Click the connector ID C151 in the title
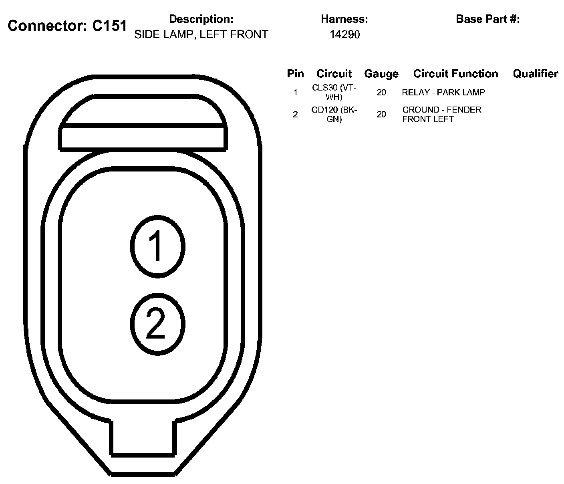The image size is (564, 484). pyautogui.click(x=109, y=26)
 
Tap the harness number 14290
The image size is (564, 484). pyautogui.click(x=344, y=34)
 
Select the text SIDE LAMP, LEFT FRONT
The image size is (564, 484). pyautogui.click(x=201, y=34)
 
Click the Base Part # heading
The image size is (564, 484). pyautogui.click(x=487, y=19)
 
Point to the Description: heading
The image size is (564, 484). pyautogui.click(x=201, y=19)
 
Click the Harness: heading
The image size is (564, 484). pyautogui.click(x=344, y=19)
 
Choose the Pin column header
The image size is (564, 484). pyautogui.click(x=295, y=74)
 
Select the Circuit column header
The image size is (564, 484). pyautogui.click(x=334, y=74)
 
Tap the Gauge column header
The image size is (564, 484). pyautogui.click(x=381, y=74)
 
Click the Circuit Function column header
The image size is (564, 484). pyautogui.click(x=455, y=74)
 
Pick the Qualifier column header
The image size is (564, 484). pyautogui.click(x=536, y=74)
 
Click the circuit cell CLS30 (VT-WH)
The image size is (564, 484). pyautogui.click(x=334, y=92)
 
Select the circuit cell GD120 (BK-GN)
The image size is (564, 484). pyautogui.click(x=334, y=114)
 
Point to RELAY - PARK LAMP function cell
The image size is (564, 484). pyautogui.click(x=443, y=93)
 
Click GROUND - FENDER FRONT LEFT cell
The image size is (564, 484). pyautogui.click(x=441, y=114)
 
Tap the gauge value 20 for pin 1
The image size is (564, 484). pyautogui.click(x=381, y=93)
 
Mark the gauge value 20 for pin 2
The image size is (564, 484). pyautogui.click(x=381, y=114)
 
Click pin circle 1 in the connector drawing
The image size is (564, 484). pyautogui.click(x=157, y=246)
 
